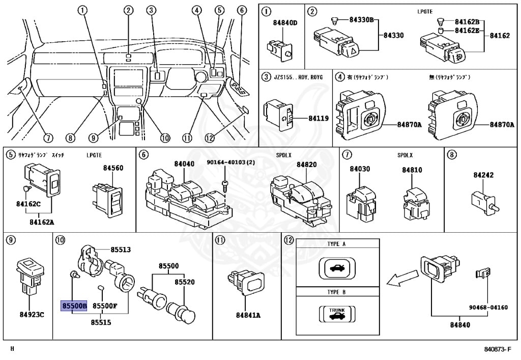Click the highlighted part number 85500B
74,306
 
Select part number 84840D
285,23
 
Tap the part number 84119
319,119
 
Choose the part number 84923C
32,314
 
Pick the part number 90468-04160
488,308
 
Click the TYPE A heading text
337,244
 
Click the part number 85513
121,250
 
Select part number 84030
360,169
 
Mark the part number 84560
113,168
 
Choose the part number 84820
307,164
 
